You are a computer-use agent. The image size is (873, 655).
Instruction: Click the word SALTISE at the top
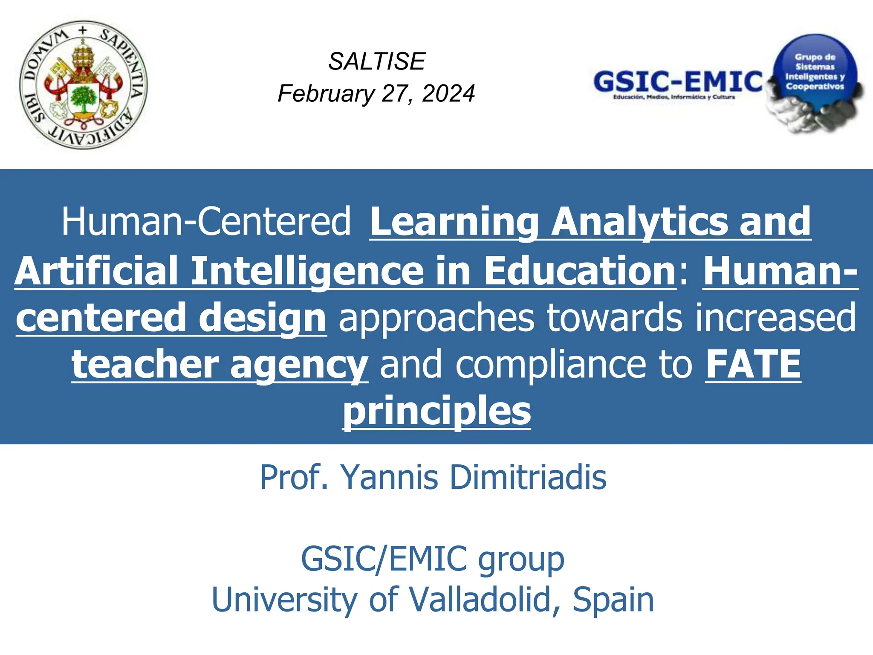(x=377, y=61)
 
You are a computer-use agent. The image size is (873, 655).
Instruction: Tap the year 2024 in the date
(x=448, y=94)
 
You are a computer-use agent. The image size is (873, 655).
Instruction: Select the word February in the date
(x=326, y=94)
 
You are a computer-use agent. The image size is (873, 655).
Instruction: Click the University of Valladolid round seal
(x=84, y=85)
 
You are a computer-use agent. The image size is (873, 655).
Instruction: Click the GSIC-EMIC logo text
(x=678, y=82)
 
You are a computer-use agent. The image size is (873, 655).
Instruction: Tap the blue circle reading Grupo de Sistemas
(x=815, y=72)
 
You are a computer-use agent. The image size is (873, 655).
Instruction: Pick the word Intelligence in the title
(x=307, y=271)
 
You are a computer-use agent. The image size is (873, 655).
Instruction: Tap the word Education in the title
(x=580, y=271)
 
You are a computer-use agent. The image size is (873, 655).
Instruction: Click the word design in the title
(x=262, y=318)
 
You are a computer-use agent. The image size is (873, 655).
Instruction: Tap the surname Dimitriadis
(x=528, y=477)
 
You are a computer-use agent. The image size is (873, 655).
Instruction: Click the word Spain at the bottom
(x=613, y=600)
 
